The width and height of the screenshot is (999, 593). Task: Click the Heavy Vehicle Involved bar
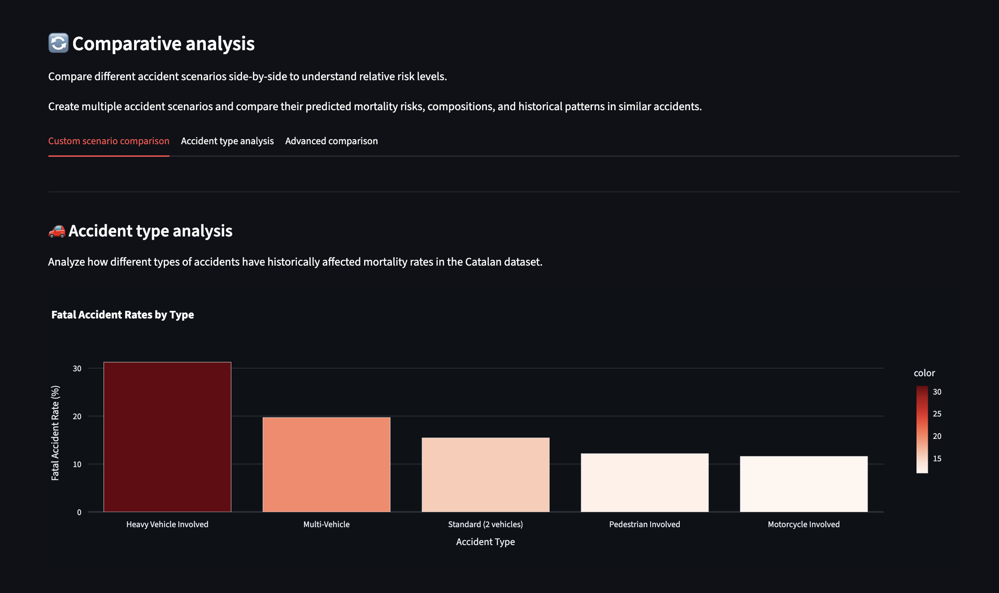coord(167,437)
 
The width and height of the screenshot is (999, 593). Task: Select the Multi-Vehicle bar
coord(326,464)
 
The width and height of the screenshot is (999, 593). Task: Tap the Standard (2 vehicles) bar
coord(486,475)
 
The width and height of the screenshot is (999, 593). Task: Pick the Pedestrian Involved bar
coord(644,482)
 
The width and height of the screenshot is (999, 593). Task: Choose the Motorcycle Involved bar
coord(804,484)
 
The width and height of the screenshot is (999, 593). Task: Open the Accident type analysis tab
coord(227,141)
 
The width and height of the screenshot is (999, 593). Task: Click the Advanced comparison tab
coord(331,141)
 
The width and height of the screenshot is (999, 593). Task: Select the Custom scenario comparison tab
coord(109,141)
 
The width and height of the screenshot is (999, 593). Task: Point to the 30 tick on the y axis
coord(77,369)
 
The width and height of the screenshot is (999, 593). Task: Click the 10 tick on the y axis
coord(77,464)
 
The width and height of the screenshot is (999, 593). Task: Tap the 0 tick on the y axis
coord(79,512)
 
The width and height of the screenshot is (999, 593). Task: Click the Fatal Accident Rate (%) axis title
coord(55,433)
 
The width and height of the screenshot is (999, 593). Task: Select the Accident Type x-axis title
coord(485,542)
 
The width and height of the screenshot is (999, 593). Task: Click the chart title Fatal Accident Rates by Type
coord(122,315)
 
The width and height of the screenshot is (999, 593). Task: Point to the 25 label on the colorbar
coord(937,414)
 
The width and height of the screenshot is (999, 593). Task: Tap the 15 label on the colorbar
coord(937,459)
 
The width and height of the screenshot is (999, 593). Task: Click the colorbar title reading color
coord(924,373)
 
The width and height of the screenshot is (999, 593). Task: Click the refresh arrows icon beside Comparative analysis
coord(58,43)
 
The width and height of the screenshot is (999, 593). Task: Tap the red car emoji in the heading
coord(57,231)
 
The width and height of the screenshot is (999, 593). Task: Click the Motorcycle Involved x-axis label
coord(804,524)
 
